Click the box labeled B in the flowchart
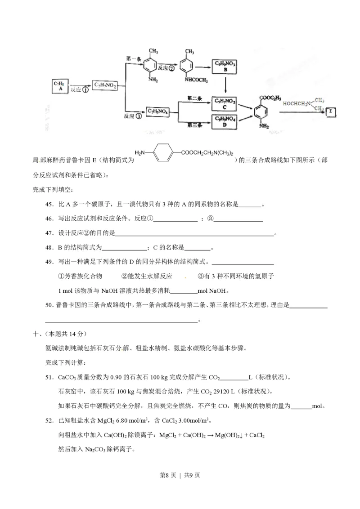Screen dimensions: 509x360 (224, 67)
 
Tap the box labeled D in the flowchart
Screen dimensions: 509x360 (224, 121)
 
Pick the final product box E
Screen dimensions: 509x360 (331, 111)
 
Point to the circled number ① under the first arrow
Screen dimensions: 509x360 (84, 90)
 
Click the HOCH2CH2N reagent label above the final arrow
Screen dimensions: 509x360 (296, 104)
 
